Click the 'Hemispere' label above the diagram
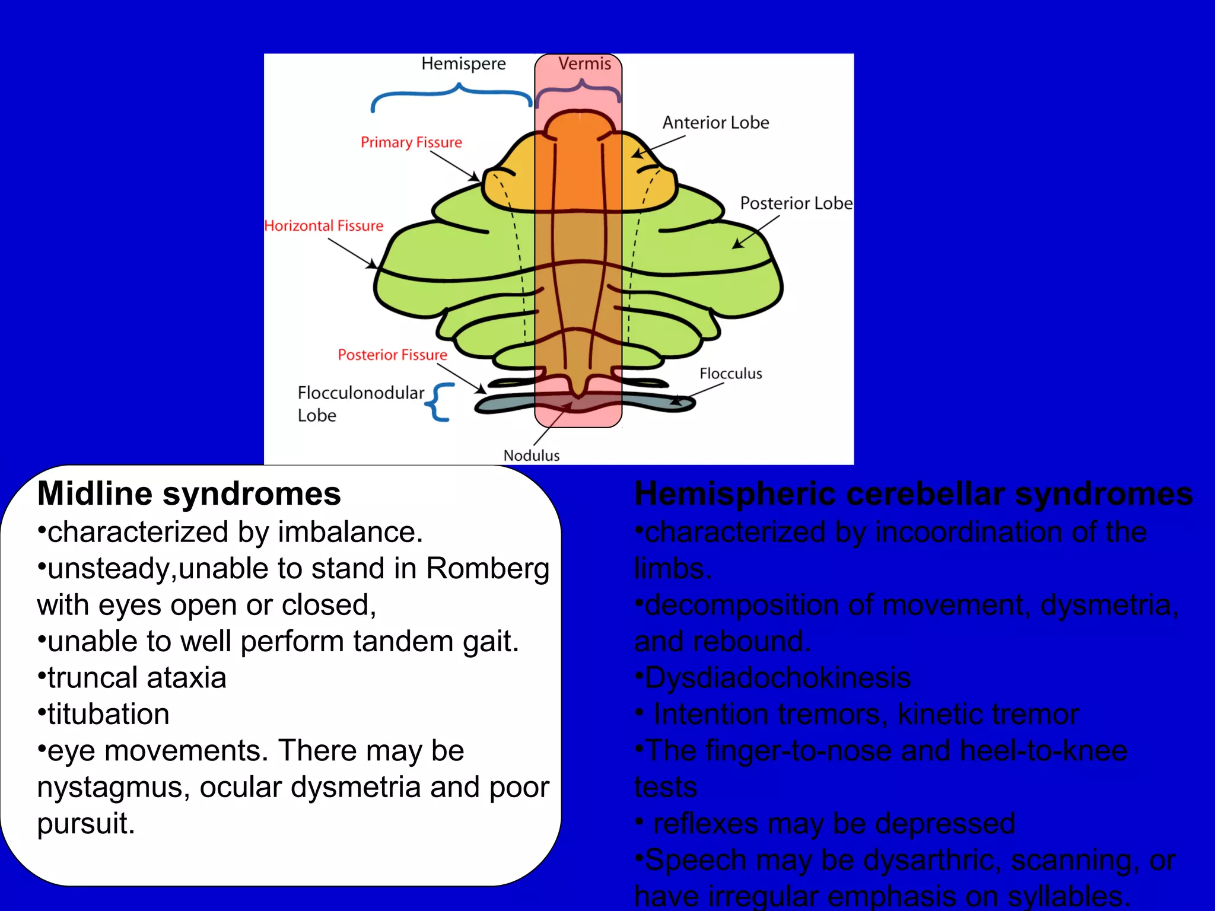click(x=463, y=63)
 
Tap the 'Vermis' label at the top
click(x=584, y=63)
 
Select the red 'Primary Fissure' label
click(x=411, y=142)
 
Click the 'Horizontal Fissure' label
click(x=324, y=226)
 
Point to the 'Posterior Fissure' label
click(x=392, y=355)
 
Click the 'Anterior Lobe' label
click(x=715, y=123)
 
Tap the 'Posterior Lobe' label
click(x=796, y=203)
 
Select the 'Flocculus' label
click(x=730, y=374)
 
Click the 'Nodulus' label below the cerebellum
click(x=532, y=455)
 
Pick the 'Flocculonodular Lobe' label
click(x=360, y=403)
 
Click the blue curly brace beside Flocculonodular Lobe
click(x=440, y=402)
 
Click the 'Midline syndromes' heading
click(x=189, y=493)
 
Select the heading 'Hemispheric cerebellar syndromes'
click(x=913, y=493)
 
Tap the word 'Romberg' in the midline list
click(x=488, y=568)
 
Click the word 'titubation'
click(x=108, y=714)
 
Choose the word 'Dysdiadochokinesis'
click(x=777, y=678)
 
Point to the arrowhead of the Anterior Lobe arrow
click(x=636, y=155)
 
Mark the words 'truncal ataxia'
click(x=136, y=678)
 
